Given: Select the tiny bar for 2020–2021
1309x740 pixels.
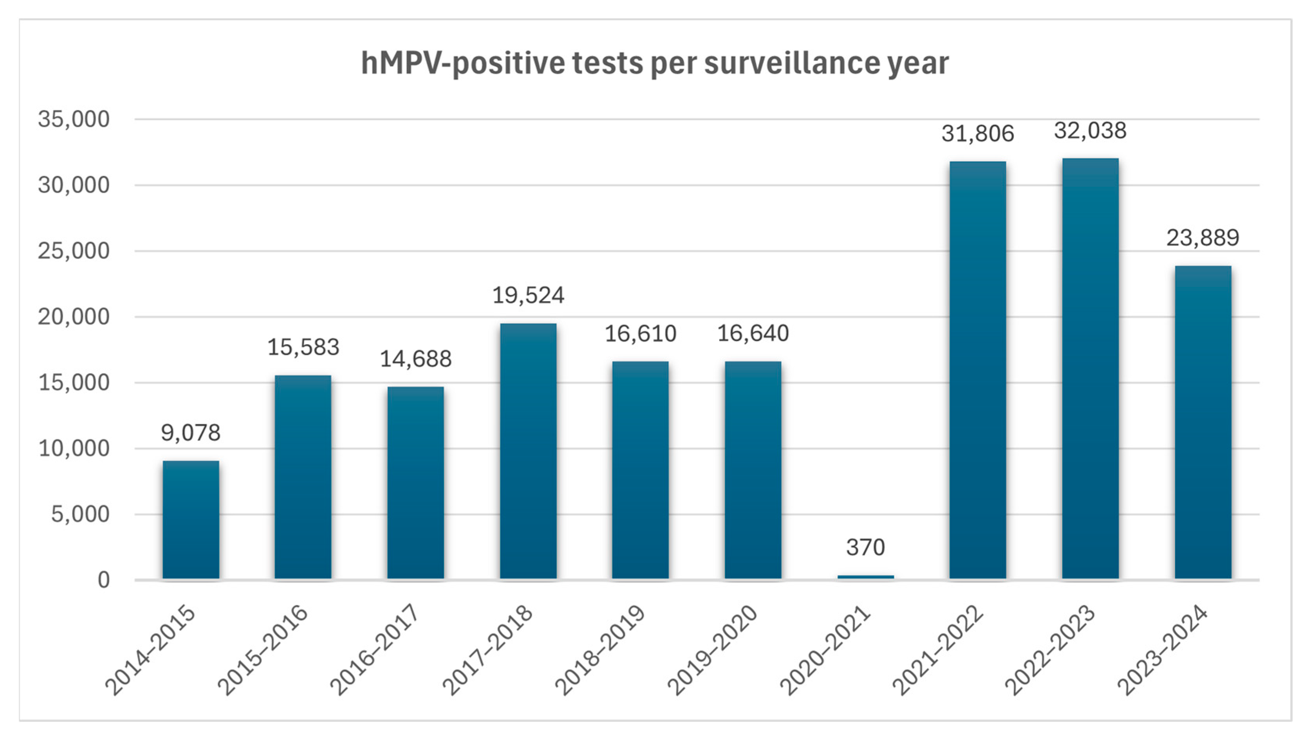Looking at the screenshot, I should (865, 577).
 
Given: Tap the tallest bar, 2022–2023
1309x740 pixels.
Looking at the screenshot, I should (1090, 368).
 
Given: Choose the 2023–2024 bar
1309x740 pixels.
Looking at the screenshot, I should (1203, 422).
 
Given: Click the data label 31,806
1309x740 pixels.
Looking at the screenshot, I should (977, 134).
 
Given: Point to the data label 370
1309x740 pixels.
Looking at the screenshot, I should (865, 547).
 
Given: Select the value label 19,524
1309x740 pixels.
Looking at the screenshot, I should (528, 295).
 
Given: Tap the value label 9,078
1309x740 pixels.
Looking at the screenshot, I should (191, 433).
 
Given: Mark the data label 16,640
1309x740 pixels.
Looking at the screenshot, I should (753, 334).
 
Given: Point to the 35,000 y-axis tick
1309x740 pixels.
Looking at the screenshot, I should (74, 119).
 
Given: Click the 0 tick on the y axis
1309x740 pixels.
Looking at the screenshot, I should (104, 580).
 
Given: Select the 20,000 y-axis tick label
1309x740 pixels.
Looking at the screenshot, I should (74, 317).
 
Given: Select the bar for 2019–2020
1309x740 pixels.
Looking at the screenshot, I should (753, 470).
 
